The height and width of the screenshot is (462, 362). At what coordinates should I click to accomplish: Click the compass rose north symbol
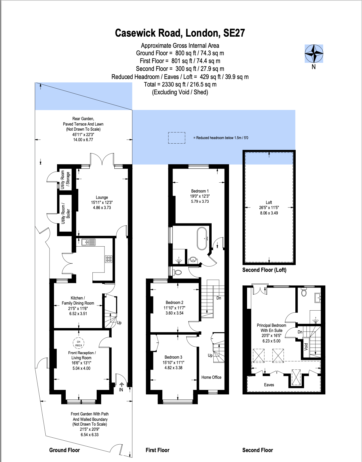314,54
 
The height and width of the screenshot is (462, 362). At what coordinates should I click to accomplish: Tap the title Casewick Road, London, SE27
180,33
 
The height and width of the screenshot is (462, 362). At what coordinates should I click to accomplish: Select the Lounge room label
102,197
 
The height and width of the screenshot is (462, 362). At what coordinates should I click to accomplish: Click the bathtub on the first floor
202,238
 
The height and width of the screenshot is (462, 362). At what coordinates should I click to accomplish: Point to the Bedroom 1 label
200,191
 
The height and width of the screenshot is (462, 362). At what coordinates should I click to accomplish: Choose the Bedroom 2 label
174,302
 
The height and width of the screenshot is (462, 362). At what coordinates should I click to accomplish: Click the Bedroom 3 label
173,357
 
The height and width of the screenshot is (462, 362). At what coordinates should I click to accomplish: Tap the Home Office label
211,377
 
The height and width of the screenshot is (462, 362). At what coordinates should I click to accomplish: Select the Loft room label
269,202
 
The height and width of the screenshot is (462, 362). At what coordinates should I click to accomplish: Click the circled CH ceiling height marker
79,343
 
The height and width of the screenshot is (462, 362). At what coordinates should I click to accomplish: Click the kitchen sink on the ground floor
88,242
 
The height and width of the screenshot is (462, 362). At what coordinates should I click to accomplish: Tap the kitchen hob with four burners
109,259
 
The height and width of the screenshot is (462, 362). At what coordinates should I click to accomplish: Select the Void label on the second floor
306,347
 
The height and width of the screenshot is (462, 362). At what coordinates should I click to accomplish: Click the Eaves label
269,385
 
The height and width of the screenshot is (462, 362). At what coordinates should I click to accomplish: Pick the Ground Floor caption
65,450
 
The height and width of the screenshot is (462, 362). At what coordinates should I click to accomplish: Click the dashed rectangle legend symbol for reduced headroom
176,138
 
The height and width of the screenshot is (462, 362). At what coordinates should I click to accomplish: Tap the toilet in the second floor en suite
304,292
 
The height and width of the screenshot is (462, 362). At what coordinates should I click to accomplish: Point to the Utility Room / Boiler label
65,213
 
